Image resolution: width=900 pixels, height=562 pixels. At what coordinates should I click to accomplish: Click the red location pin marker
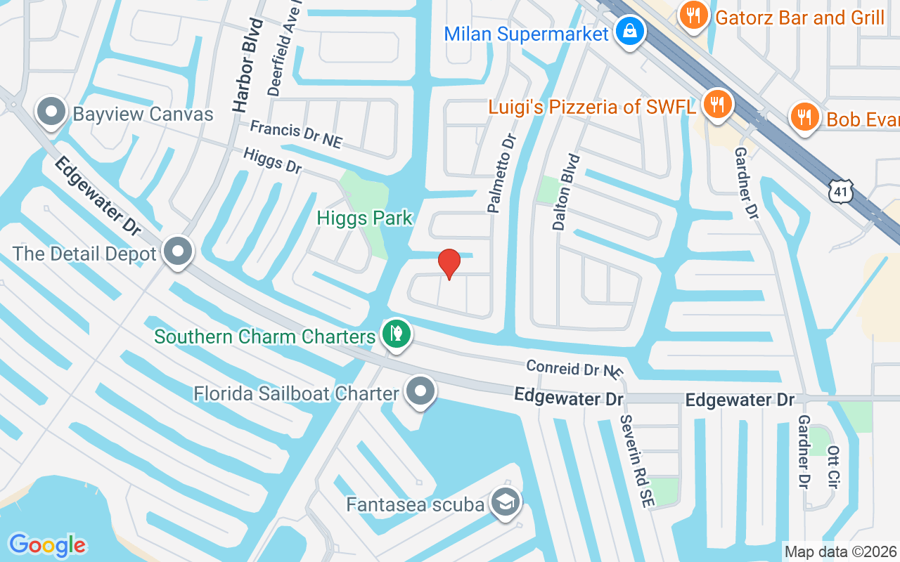coord(449,263)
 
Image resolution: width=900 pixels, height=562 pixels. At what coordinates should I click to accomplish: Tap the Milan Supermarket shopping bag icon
coord(631,32)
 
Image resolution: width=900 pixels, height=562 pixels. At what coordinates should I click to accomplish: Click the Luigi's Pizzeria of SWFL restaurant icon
coord(716,105)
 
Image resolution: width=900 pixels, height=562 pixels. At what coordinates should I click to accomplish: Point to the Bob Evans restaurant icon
coord(804,117)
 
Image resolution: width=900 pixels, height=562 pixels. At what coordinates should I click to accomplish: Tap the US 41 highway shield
coord(841,190)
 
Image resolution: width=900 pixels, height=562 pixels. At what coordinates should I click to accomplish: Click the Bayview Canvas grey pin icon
coord(51,113)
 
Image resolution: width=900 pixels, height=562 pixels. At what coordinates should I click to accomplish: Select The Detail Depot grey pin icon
coord(179,251)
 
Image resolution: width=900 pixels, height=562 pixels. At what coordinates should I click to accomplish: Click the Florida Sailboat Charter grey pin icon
coord(420,391)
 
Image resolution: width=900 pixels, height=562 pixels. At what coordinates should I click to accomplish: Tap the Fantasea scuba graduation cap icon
coord(506,502)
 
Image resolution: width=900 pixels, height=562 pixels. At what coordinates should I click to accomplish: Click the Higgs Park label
coord(364,218)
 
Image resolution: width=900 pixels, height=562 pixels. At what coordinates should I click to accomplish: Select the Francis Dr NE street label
coord(296,134)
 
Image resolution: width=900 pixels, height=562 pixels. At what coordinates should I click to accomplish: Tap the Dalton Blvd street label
coord(567,192)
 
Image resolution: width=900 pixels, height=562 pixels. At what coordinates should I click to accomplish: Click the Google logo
coord(46,545)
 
